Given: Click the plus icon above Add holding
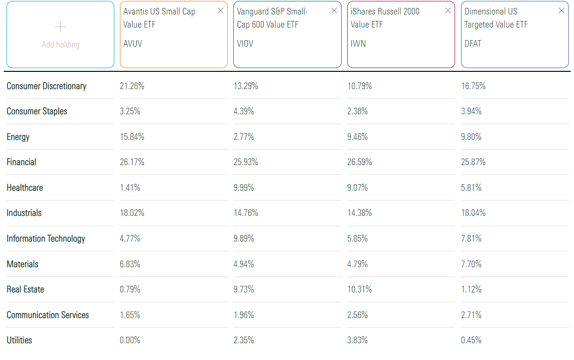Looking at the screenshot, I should coord(60,27).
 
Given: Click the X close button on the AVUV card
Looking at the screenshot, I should coord(220,11).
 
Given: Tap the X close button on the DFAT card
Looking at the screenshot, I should coord(561,11).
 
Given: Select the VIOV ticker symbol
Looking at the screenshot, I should coord(245,44).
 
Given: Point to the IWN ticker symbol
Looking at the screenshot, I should coord(358,44).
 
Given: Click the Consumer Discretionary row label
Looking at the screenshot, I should coord(46,86).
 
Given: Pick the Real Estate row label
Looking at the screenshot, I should coord(25,289).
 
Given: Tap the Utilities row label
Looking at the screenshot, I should coord(19,340).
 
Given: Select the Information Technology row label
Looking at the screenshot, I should coord(46,238).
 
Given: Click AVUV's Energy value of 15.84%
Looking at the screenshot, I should coord(132,137).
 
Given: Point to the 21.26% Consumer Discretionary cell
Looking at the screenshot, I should coord(132,86).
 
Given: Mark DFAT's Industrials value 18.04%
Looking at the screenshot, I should coord(473,213).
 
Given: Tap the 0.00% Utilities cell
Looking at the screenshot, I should coord(130,340).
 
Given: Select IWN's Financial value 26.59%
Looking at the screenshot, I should coord(359,162).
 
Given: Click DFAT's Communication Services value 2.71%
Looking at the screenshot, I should coord(471,315).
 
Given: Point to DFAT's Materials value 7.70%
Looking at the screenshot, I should coord(471,264).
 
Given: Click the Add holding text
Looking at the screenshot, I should coord(60,45).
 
